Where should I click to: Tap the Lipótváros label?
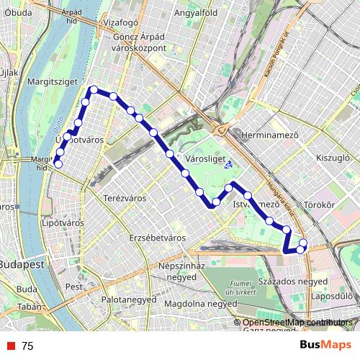[x=64, y=223]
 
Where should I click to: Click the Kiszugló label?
[x=332, y=156]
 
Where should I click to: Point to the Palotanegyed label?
[x=129, y=297]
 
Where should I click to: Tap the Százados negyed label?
[x=292, y=280]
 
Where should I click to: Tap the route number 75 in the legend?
[x=27, y=346]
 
